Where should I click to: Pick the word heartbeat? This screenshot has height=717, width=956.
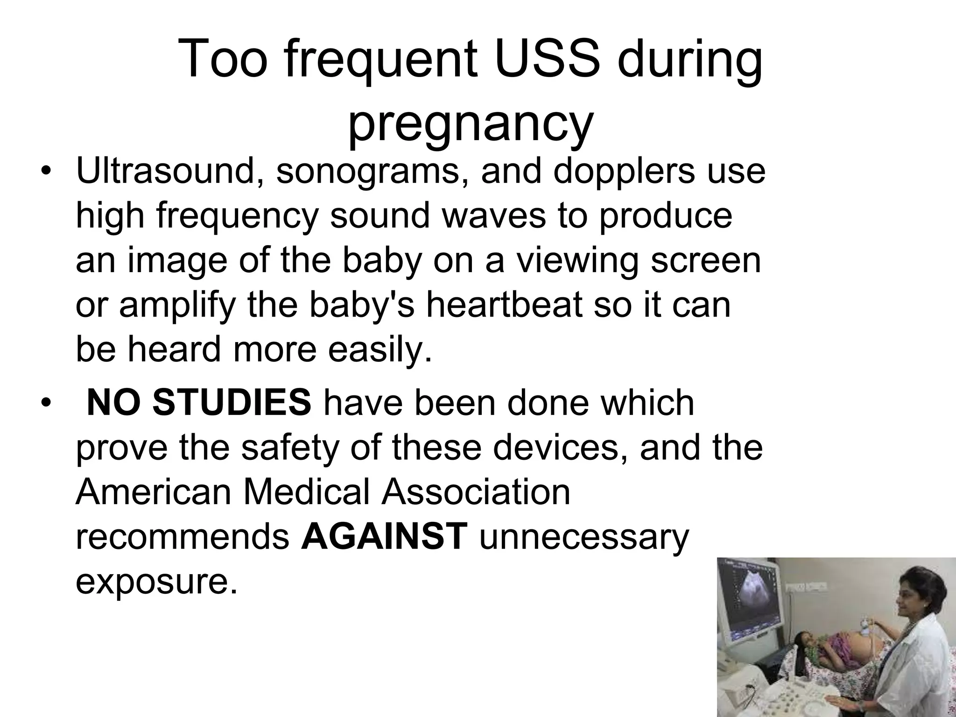point(504,305)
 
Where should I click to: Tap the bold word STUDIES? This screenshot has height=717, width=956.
point(231,402)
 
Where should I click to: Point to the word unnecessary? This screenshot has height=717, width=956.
point(583,536)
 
